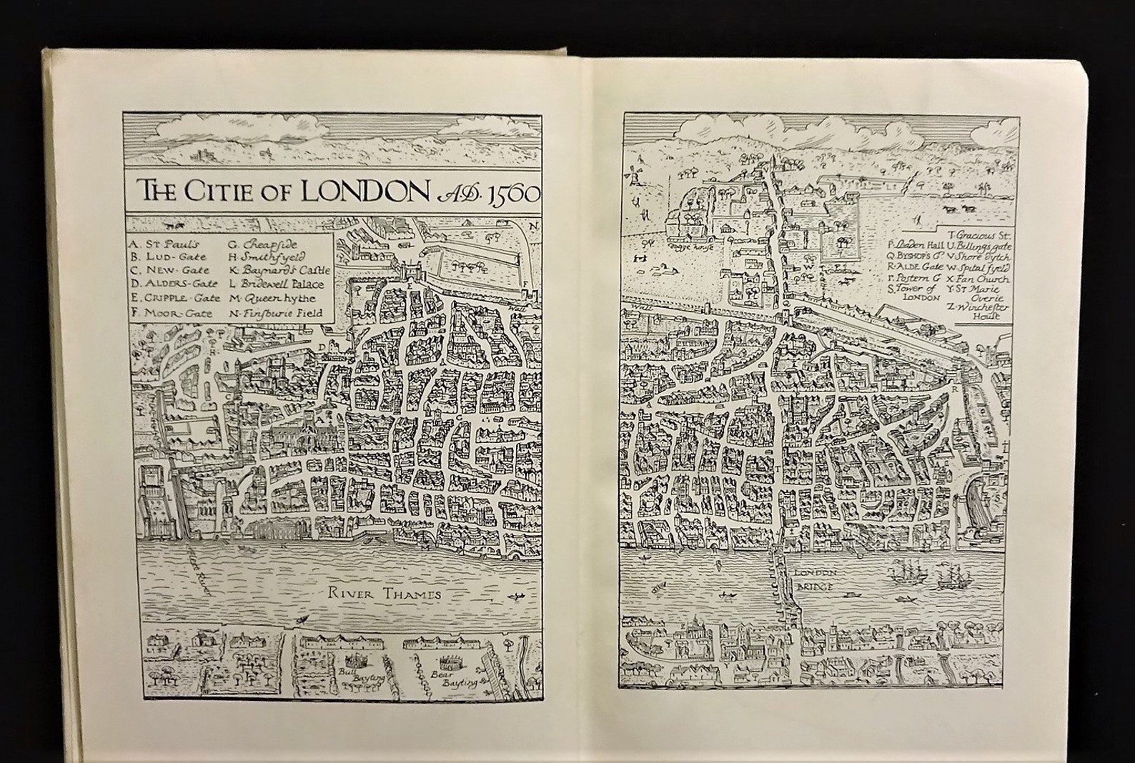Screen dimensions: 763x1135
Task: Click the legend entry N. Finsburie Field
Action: [x=275, y=312]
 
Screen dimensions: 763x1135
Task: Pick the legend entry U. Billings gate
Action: [x=981, y=245]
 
